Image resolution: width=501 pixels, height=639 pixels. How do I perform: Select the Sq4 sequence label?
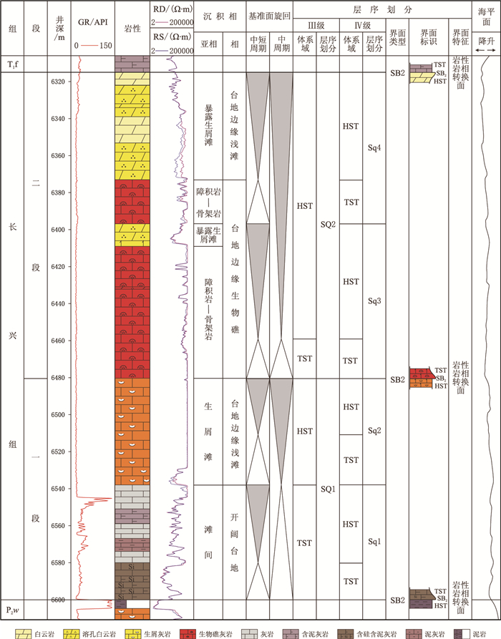374,149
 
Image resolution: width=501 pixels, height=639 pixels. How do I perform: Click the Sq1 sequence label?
374,542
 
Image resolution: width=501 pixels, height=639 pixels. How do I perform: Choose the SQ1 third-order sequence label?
328,489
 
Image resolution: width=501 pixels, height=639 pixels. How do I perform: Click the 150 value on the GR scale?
105,45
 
